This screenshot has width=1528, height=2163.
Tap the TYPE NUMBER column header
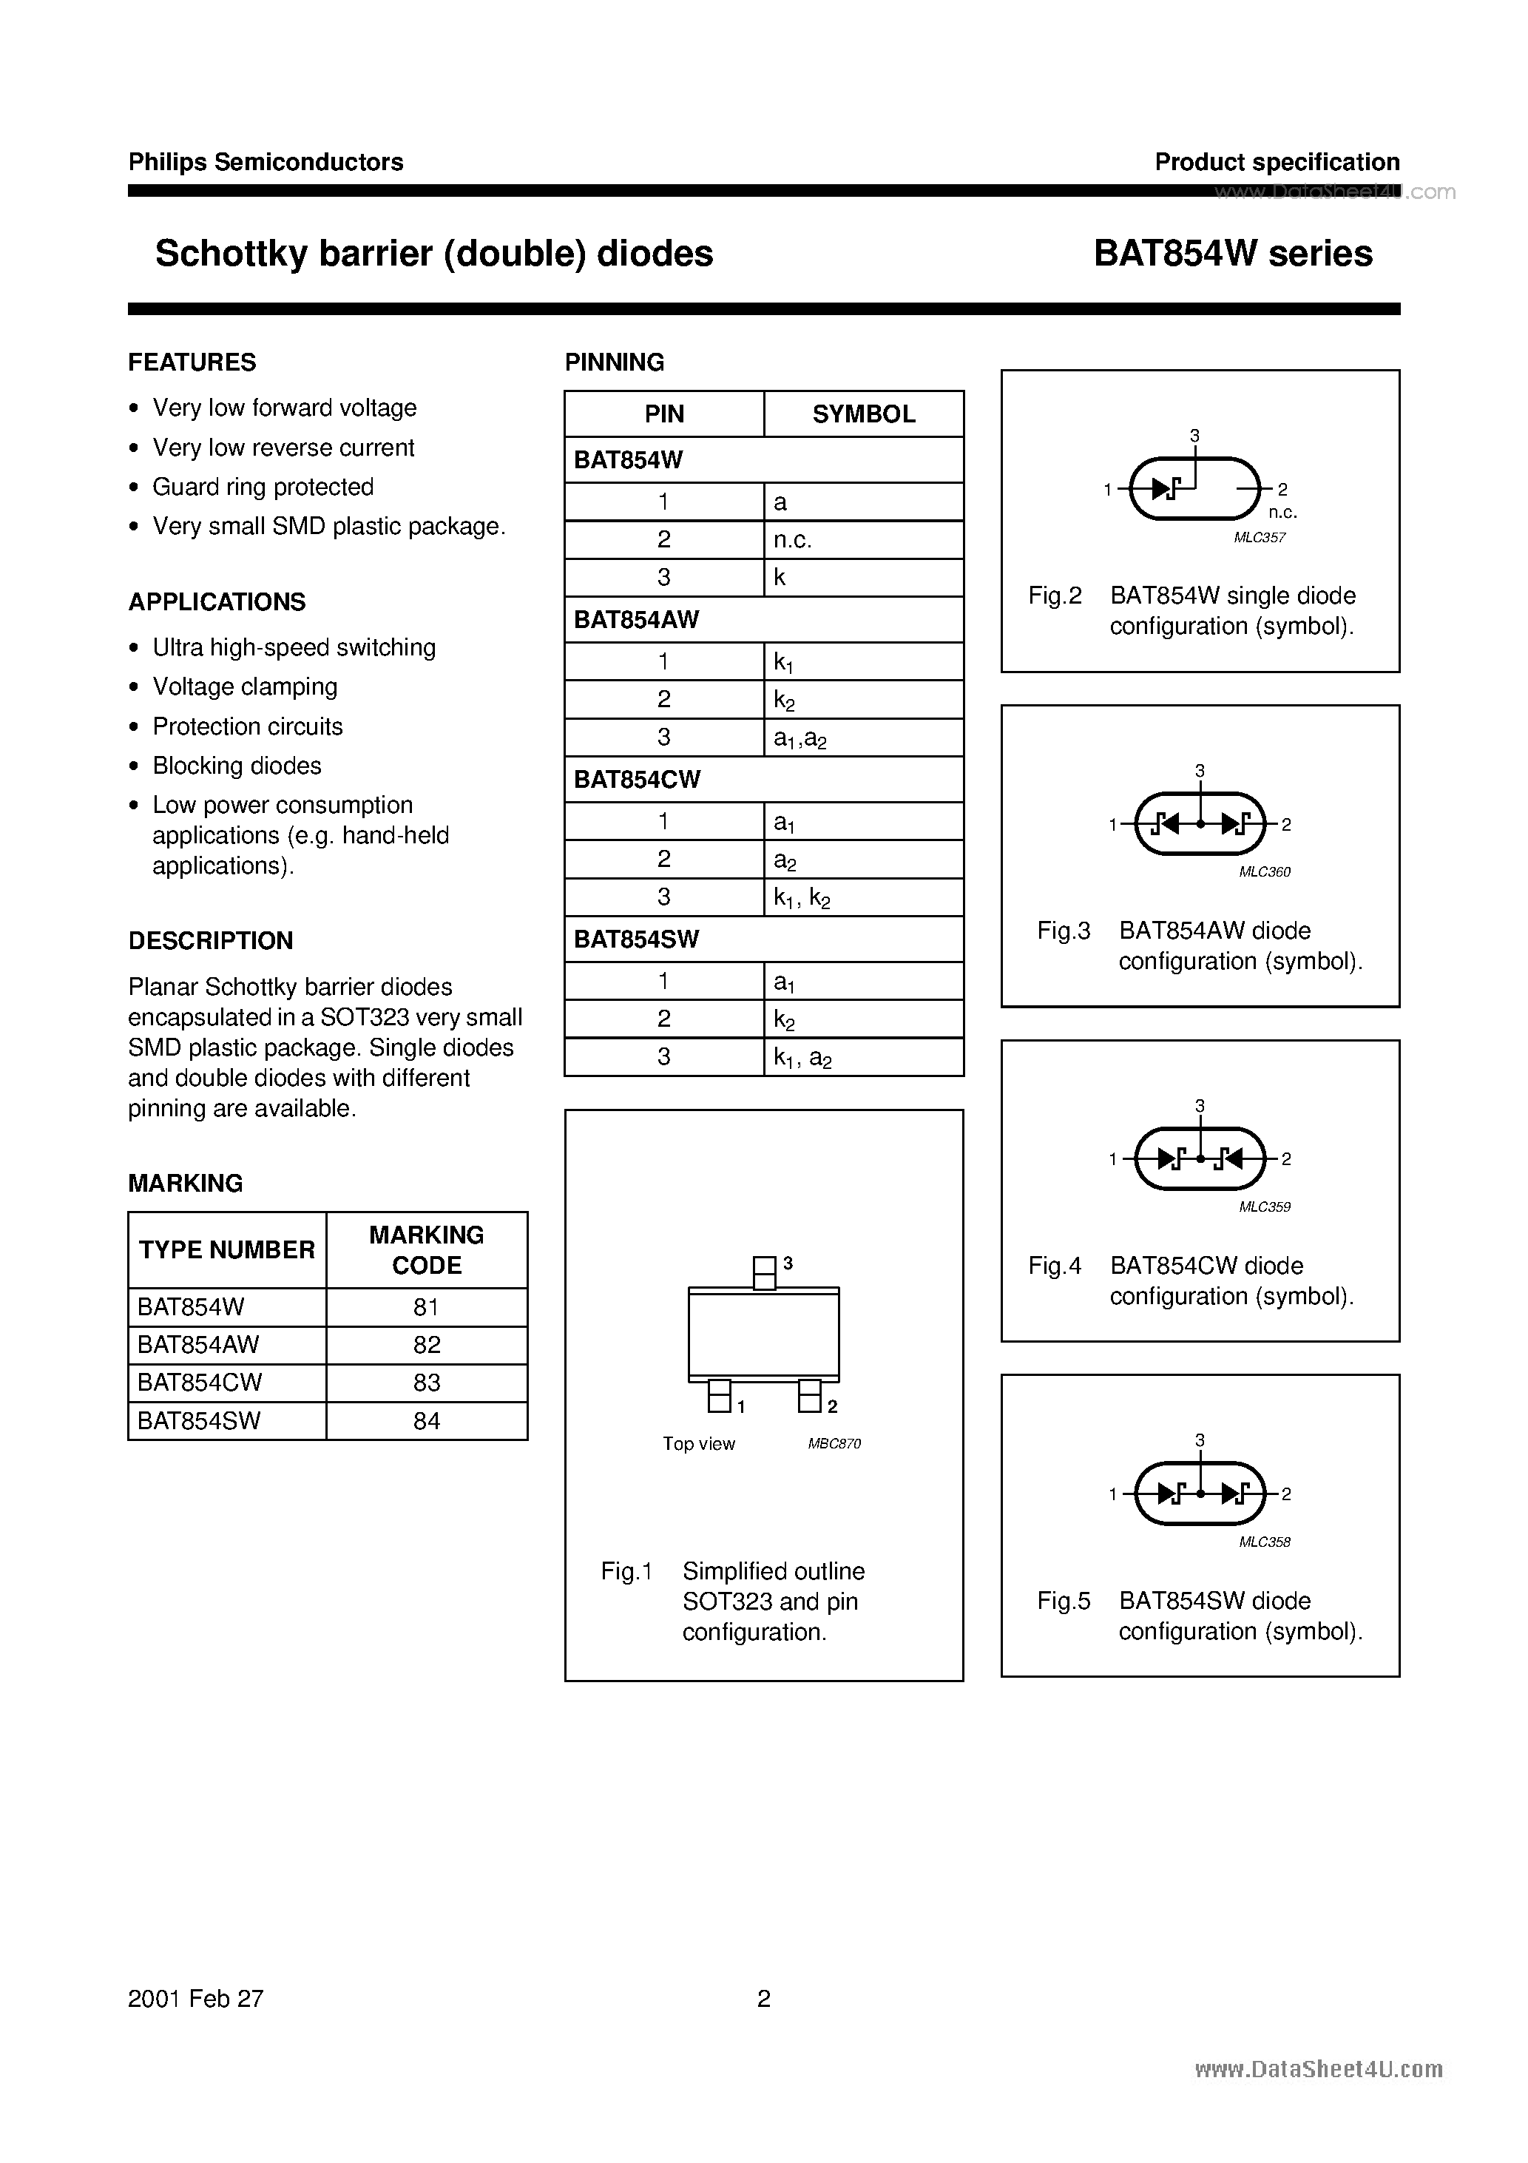[x=227, y=1249]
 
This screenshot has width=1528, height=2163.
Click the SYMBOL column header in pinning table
[x=863, y=414]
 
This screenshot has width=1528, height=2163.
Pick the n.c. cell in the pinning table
[x=792, y=540]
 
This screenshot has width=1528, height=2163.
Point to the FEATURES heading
[x=192, y=362]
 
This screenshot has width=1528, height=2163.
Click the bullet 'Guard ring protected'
[x=263, y=486]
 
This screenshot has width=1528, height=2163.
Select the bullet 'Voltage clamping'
[x=245, y=686]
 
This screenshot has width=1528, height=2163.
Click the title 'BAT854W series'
[x=1232, y=254]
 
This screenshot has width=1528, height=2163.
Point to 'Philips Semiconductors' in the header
[x=266, y=162]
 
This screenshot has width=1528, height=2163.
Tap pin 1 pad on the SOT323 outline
[x=719, y=1396]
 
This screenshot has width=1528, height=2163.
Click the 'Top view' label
[x=698, y=1444]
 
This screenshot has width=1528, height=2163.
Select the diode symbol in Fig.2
[x=1166, y=488]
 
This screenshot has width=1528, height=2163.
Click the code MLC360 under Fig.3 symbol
[x=1264, y=871]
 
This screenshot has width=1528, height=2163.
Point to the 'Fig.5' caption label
[x=1063, y=1601]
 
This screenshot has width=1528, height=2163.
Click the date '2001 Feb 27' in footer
[x=196, y=1998]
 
